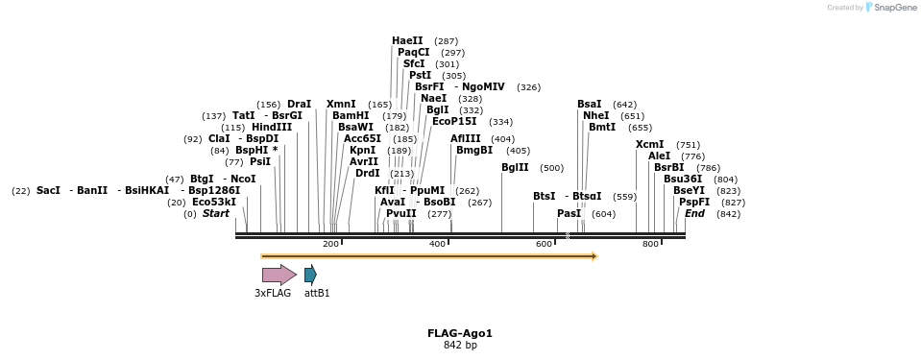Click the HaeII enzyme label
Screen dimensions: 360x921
point(407,40)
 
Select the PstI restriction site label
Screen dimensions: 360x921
point(420,75)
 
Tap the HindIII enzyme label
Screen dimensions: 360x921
point(271,127)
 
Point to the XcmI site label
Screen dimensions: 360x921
point(649,144)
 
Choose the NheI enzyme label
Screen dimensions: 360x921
point(595,115)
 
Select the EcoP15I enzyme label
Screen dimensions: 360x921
point(453,121)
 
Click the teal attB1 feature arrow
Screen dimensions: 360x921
point(309,275)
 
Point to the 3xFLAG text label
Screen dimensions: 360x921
point(273,293)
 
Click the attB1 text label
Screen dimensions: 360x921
point(317,293)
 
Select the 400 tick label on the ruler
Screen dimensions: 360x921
point(438,245)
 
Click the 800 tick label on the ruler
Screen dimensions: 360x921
point(650,245)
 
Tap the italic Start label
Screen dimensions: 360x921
point(216,213)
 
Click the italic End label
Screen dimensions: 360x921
point(694,213)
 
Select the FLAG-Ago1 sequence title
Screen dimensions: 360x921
point(460,333)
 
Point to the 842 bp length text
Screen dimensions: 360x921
point(460,345)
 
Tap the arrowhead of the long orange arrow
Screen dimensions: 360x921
point(594,256)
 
